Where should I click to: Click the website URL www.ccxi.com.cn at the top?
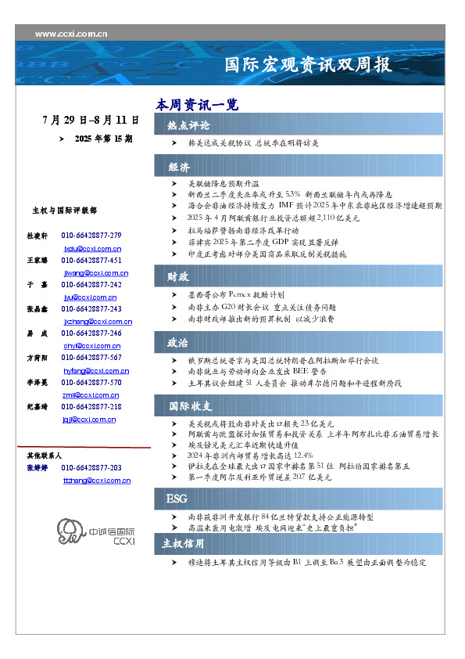tap(71, 34)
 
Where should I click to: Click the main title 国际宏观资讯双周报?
tap(308, 64)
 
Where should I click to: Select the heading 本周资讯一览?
tap(196, 105)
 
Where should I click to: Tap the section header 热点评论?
tap(188, 125)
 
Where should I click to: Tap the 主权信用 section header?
tap(183, 543)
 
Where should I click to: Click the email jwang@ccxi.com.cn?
tap(95, 273)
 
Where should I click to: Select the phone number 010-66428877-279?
tap(91, 236)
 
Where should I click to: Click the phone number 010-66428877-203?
tap(91, 468)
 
